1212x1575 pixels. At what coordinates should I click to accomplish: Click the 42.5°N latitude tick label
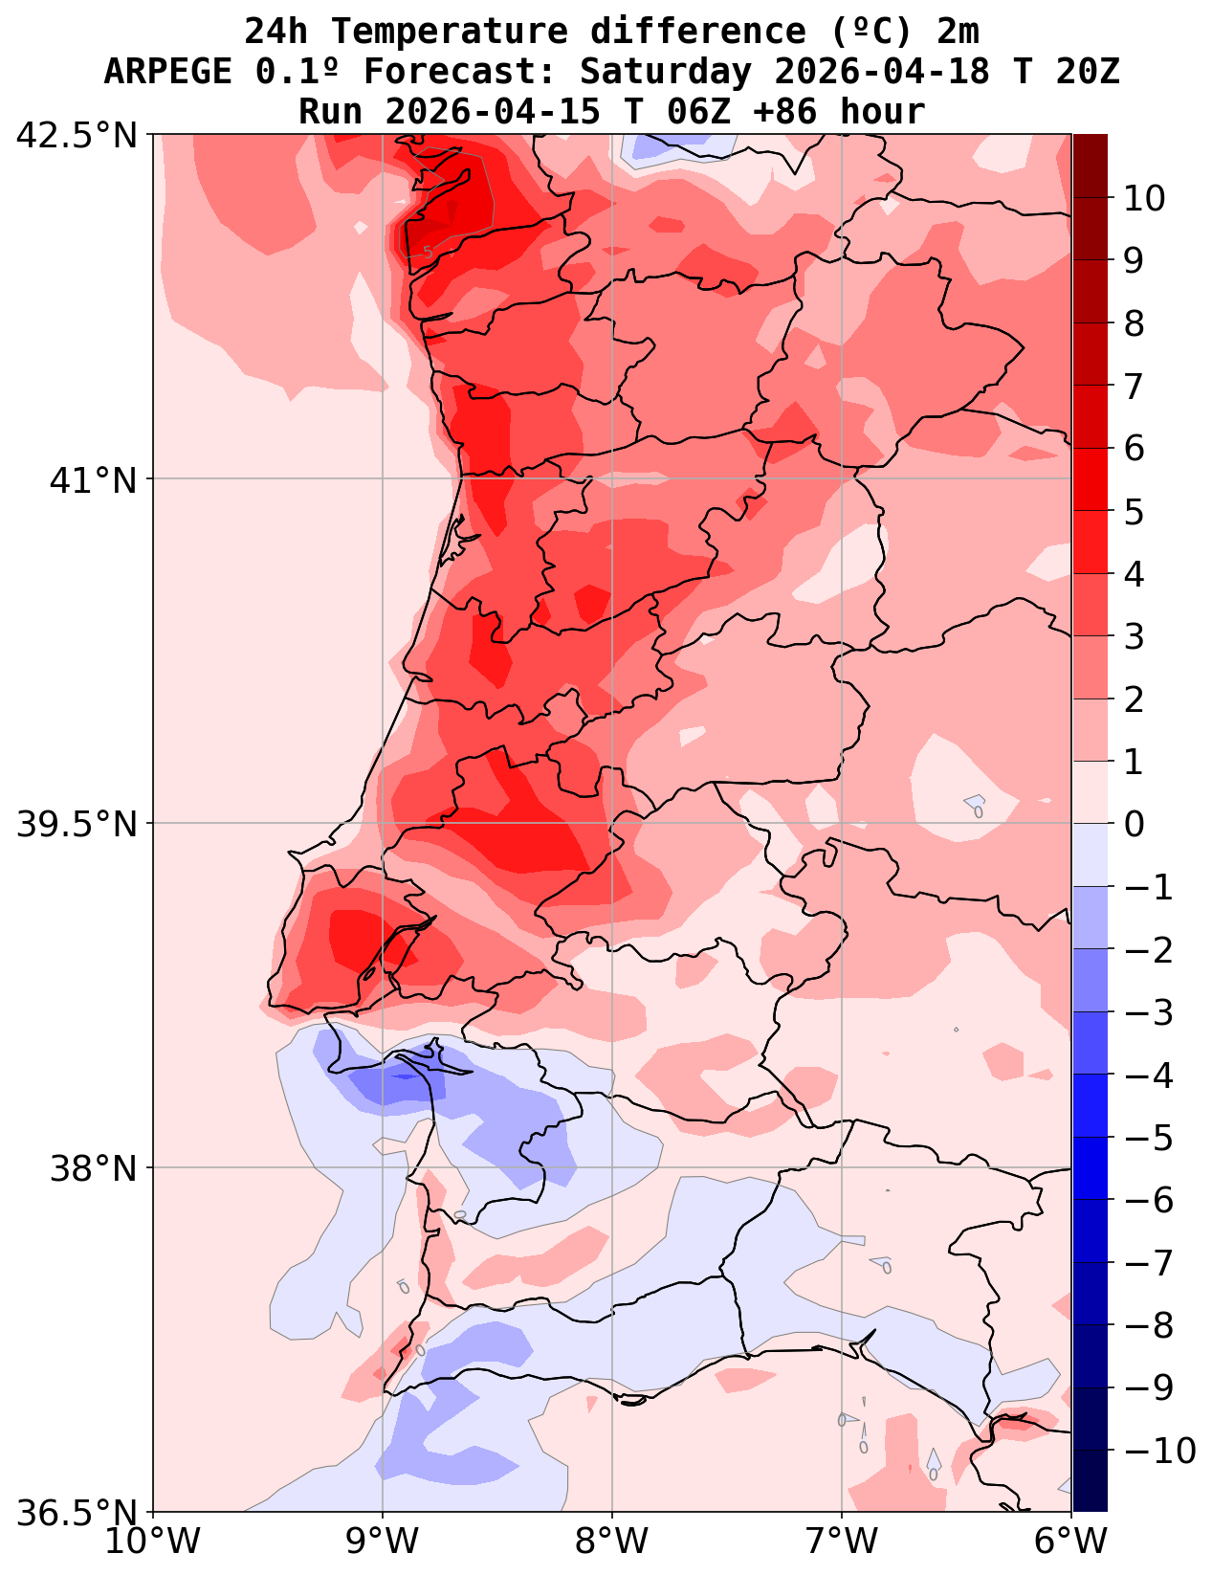click(x=77, y=136)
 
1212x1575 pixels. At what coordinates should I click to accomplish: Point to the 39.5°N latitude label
click(x=77, y=824)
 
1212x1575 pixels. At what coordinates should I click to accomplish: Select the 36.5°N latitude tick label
click(x=77, y=1513)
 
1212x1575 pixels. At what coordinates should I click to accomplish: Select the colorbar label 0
click(x=1134, y=824)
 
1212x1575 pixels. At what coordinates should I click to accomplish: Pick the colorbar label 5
click(x=1134, y=512)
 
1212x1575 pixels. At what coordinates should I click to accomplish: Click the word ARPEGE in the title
click(x=167, y=72)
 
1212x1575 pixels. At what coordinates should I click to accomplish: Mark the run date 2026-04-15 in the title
click(x=493, y=112)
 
